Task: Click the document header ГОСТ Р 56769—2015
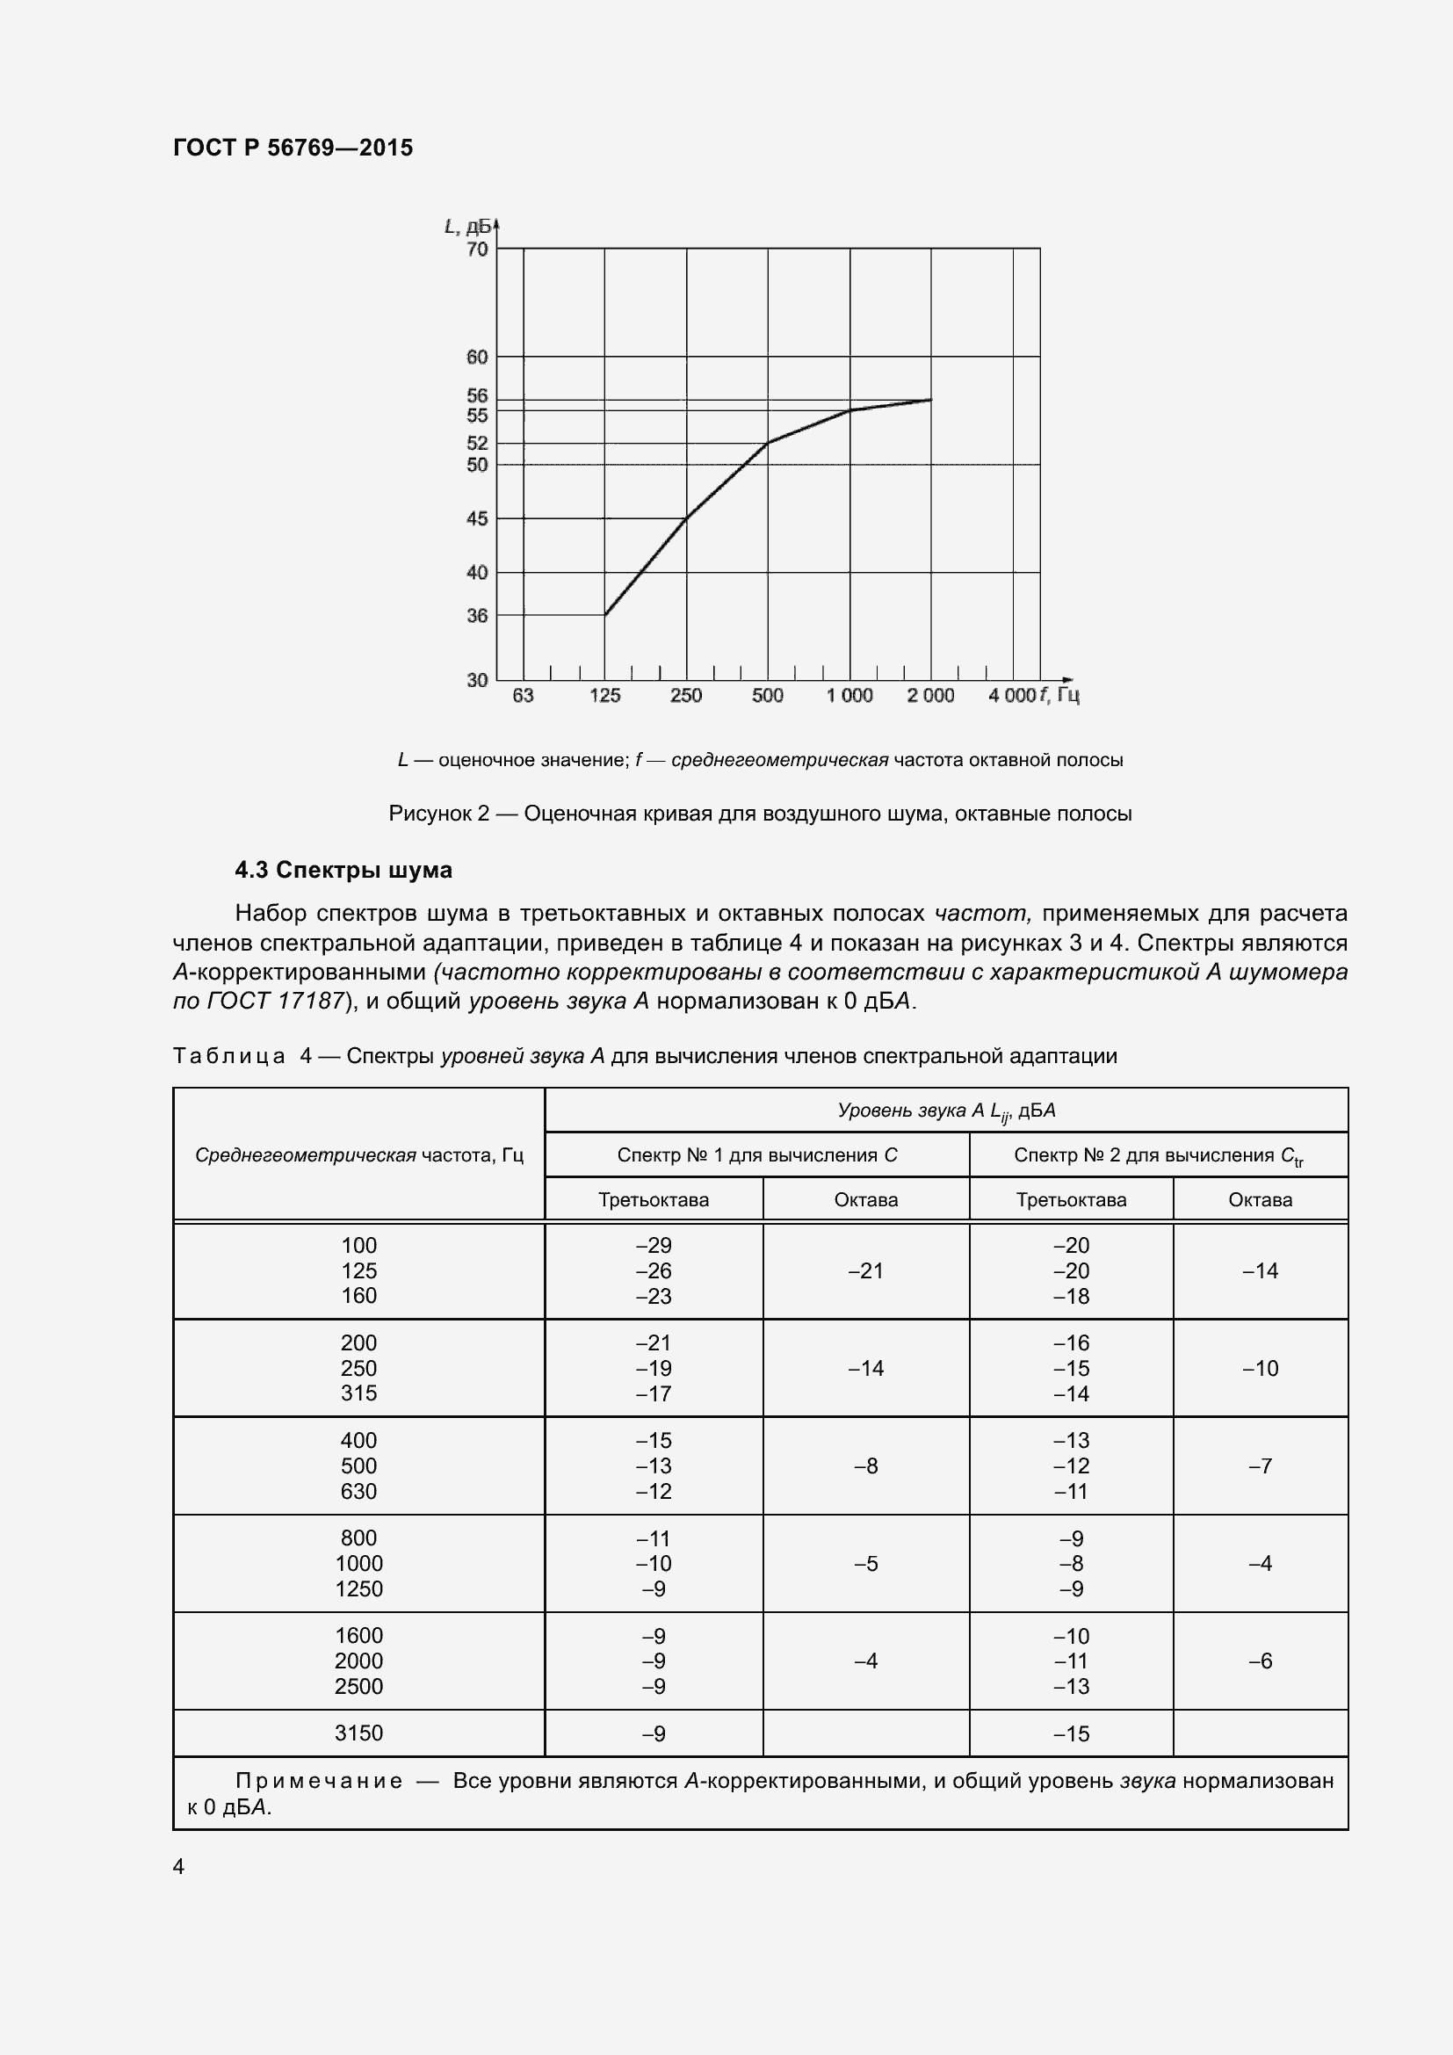pyautogui.click(x=293, y=148)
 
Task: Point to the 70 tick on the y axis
pyautogui.click(x=478, y=249)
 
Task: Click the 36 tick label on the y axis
pyautogui.click(x=478, y=616)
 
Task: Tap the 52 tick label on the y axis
pyautogui.click(x=478, y=443)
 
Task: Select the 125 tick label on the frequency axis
pyautogui.click(x=604, y=696)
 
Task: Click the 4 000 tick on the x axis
pyautogui.click(x=1012, y=696)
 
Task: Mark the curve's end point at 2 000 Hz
pyautogui.click(x=930, y=400)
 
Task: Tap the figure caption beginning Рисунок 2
pyautogui.click(x=760, y=814)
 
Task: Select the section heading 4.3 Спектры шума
pyautogui.click(x=343, y=870)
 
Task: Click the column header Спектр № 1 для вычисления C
pyautogui.click(x=757, y=1154)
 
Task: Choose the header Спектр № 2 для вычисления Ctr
pyautogui.click(x=1158, y=1155)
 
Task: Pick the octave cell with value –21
pyautogui.click(x=865, y=1271)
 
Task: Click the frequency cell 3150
pyautogui.click(x=358, y=1733)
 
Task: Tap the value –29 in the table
pyautogui.click(x=653, y=1245)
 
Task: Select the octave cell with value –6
pyautogui.click(x=1260, y=1661)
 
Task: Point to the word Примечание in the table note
pyautogui.click(x=319, y=1781)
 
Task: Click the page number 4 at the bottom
pyautogui.click(x=179, y=1866)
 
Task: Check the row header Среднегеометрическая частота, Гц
pyautogui.click(x=358, y=1154)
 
